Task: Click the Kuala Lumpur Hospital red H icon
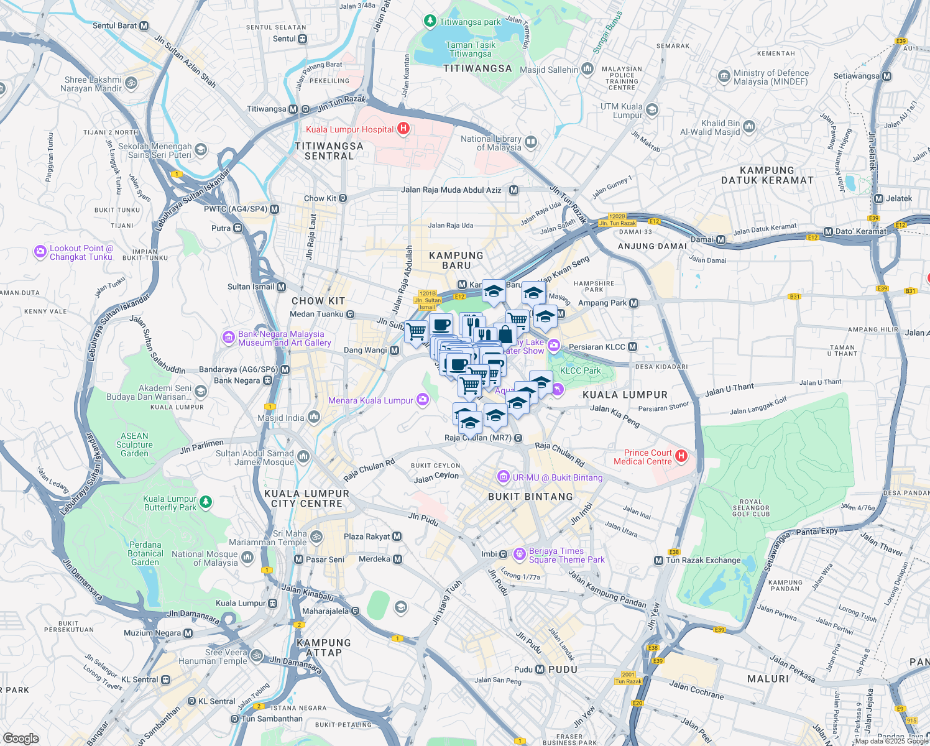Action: pyautogui.click(x=403, y=129)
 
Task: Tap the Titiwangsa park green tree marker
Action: pyautogui.click(x=430, y=21)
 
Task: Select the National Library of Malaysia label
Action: pyautogui.click(x=491, y=143)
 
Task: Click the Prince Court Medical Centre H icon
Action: pyautogui.click(x=681, y=457)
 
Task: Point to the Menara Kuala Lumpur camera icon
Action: pyautogui.click(x=423, y=400)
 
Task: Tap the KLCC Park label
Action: pyautogui.click(x=580, y=371)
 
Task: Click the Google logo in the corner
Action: pyautogui.click(x=21, y=738)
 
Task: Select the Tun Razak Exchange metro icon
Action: pyautogui.click(x=658, y=560)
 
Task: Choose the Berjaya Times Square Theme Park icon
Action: pyautogui.click(x=520, y=554)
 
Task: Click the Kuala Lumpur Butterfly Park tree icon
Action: pyautogui.click(x=206, y=501)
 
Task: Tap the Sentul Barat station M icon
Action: pyautogui.click(x=144, y=25)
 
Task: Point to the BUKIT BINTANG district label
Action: pyautogui.click(x=530, y=497)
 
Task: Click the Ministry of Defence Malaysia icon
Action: pyautogui.click(x=724, y=76)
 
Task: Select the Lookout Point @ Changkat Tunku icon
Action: pyautogui.click(x=40, y=252)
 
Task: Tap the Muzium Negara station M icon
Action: pyautogui.click(x=188, y=633)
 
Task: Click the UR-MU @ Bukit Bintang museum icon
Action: pyautogui.click(x=503, y=477)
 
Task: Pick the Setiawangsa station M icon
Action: pyautogui.click(x=886, y=76)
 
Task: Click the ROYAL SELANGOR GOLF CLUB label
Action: pyautogui.click(x=751, y=508)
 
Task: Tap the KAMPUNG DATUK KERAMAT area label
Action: pyautogui.click(x=767, y=175)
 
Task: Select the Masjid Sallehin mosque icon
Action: pyautogui.click(x=587, y=69)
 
